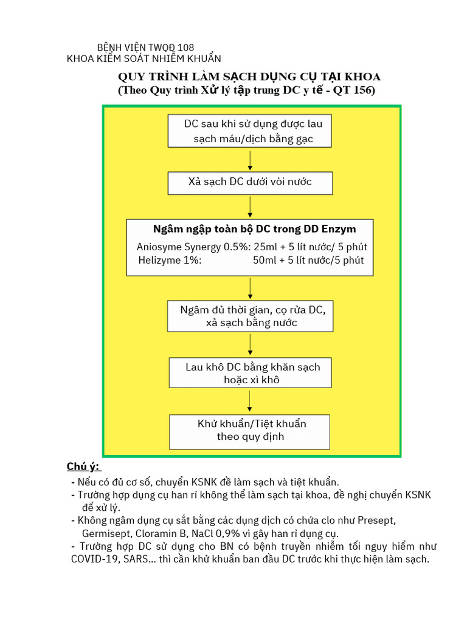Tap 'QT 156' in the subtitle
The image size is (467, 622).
click(x=355, y=91)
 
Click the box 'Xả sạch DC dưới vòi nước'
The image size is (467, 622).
click(x=251, y=182)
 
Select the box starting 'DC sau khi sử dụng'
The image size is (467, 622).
click(x=250, y=131)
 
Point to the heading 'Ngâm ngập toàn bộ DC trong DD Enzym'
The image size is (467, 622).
click(x=255, y=229)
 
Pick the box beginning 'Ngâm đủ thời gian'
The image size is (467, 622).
click(x=250, y=316)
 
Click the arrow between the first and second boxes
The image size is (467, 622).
click(x=251, y=160)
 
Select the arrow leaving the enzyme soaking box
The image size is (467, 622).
click(x=251, y=288)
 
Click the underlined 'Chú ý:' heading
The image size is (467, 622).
click(x=85, y=466)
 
